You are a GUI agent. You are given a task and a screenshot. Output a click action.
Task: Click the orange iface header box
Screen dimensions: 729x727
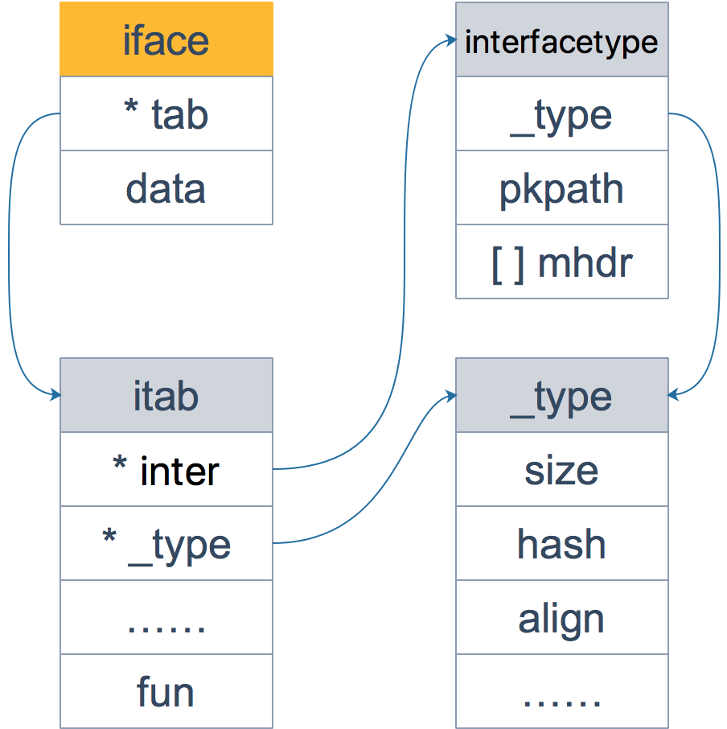tap(166, 39)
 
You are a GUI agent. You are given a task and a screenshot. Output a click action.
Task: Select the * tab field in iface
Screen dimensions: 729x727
tap(166, 113)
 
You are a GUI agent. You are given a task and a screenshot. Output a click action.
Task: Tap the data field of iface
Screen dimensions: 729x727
tap(166, 187)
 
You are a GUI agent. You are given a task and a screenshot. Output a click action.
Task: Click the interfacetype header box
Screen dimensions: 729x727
tap(561, 39)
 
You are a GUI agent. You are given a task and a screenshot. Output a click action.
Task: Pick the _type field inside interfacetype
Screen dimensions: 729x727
tap(561, 113)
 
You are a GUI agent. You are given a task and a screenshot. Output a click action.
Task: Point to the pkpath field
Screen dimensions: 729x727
tap(561, 187)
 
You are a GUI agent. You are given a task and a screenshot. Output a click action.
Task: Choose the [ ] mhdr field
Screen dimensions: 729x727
tap(561, 262)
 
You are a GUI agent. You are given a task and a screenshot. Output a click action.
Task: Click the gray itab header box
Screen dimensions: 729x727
tap(166, 396)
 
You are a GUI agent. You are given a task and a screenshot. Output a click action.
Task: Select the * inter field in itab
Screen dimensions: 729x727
tap(166, 470)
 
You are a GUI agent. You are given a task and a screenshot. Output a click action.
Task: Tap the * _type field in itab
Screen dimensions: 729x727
tap(166, 544)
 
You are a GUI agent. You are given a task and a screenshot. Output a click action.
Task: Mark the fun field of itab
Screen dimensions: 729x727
tap(166, 692)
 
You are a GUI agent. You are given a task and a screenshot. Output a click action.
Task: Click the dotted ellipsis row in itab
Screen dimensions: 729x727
tap(166, 618)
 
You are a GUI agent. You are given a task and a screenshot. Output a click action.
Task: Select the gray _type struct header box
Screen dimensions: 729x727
tap(561, 396)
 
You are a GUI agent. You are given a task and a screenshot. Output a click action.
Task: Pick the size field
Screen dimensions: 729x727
tap(561, 470)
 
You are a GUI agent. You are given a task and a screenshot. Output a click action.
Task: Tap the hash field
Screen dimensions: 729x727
tap(561, 544)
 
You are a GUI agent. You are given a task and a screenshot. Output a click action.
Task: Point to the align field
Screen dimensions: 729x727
tap(561, 618)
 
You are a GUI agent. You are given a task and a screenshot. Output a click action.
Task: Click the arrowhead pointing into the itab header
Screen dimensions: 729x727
tap(55, 395)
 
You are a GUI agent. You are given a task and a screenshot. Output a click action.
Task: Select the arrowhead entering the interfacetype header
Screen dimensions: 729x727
tap(451, 39)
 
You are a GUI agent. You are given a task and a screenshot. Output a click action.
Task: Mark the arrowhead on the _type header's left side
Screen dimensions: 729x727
tap(451, 395)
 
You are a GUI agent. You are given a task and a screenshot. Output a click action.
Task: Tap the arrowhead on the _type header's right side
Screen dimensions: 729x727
tap(673, 395)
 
